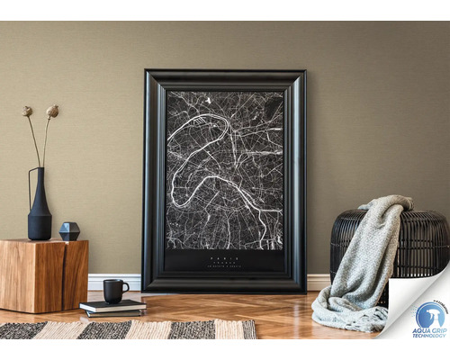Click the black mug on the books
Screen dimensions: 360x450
tap(113, 290)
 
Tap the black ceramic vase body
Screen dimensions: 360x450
tap(40, 218)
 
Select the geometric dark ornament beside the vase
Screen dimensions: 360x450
tap(69, 231)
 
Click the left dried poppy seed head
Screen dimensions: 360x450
tap(28, 111)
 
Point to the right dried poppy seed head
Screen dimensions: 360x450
tap(52, 111)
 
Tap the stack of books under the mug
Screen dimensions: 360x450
tap(112, 309)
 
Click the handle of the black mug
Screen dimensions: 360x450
tap(125, 289)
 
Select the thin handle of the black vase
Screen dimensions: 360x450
tap(32, 180)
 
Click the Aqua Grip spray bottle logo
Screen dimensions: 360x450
tap(428, 316)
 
